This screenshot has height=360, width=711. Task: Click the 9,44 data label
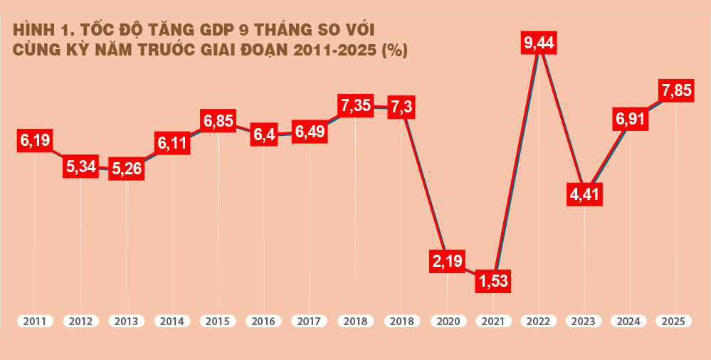[539, 44]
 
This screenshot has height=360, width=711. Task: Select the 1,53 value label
[493, 281]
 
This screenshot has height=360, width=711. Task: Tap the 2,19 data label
[448, 261]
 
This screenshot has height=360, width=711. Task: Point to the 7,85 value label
[676, 91]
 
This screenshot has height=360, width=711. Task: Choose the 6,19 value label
[34, 140]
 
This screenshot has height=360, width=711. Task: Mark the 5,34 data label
[80, 167]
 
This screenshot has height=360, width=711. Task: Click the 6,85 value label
[218, 121]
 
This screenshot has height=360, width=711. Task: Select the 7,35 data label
[356, 106]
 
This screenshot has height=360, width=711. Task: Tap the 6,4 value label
[264, 135]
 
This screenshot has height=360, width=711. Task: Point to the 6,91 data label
[631, 119]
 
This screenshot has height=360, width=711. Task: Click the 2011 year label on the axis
[34, 322]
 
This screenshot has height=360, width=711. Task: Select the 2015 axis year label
[218, 322]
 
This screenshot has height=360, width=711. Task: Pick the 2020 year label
[448, 322]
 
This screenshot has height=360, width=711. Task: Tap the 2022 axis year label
[539, 322]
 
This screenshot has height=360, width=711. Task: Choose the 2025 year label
[674, 322]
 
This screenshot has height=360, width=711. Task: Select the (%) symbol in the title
[394, 51]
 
